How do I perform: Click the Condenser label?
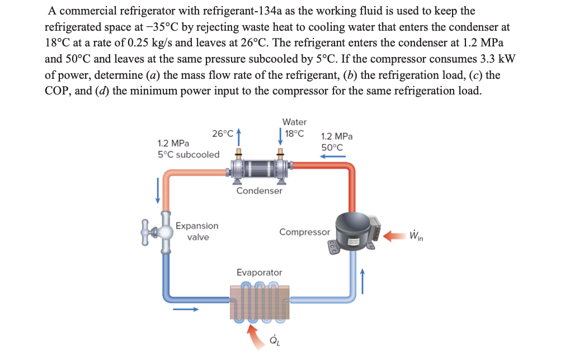click(259, 191)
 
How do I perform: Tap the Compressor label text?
click(304, 232)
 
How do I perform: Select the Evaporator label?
click(259, 272)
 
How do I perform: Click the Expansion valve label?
click(197, 231)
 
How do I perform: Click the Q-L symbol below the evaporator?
click(274, 340)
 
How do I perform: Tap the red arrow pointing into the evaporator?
click(254, 334)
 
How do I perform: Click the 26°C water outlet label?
click(223, 133)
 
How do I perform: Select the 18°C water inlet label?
click(294, 134)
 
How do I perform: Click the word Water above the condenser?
click(294, 122)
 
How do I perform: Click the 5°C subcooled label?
click(189, 155)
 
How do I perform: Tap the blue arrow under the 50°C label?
click(332, 157)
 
